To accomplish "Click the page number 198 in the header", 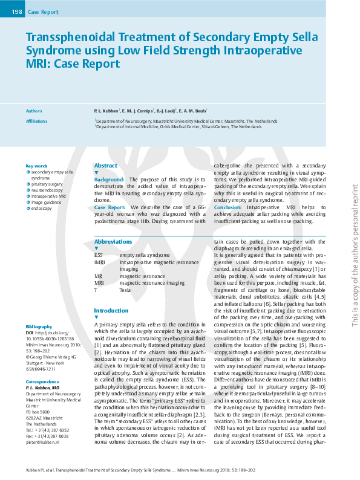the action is coord(16,12).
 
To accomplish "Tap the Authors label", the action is coord(34,111).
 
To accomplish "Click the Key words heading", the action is coord(36,166).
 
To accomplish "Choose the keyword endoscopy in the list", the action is coord(42,208).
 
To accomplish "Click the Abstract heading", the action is coord(106,166).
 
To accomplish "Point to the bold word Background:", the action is coord(109,180).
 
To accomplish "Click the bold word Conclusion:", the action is coord(228,207).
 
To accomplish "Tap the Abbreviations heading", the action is coord(113,241).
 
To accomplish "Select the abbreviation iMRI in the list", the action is coord(100,262).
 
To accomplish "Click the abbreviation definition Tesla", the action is coord(125,290).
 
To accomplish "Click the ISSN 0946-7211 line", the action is coord(41,368).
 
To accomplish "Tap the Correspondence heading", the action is coord(42,381).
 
